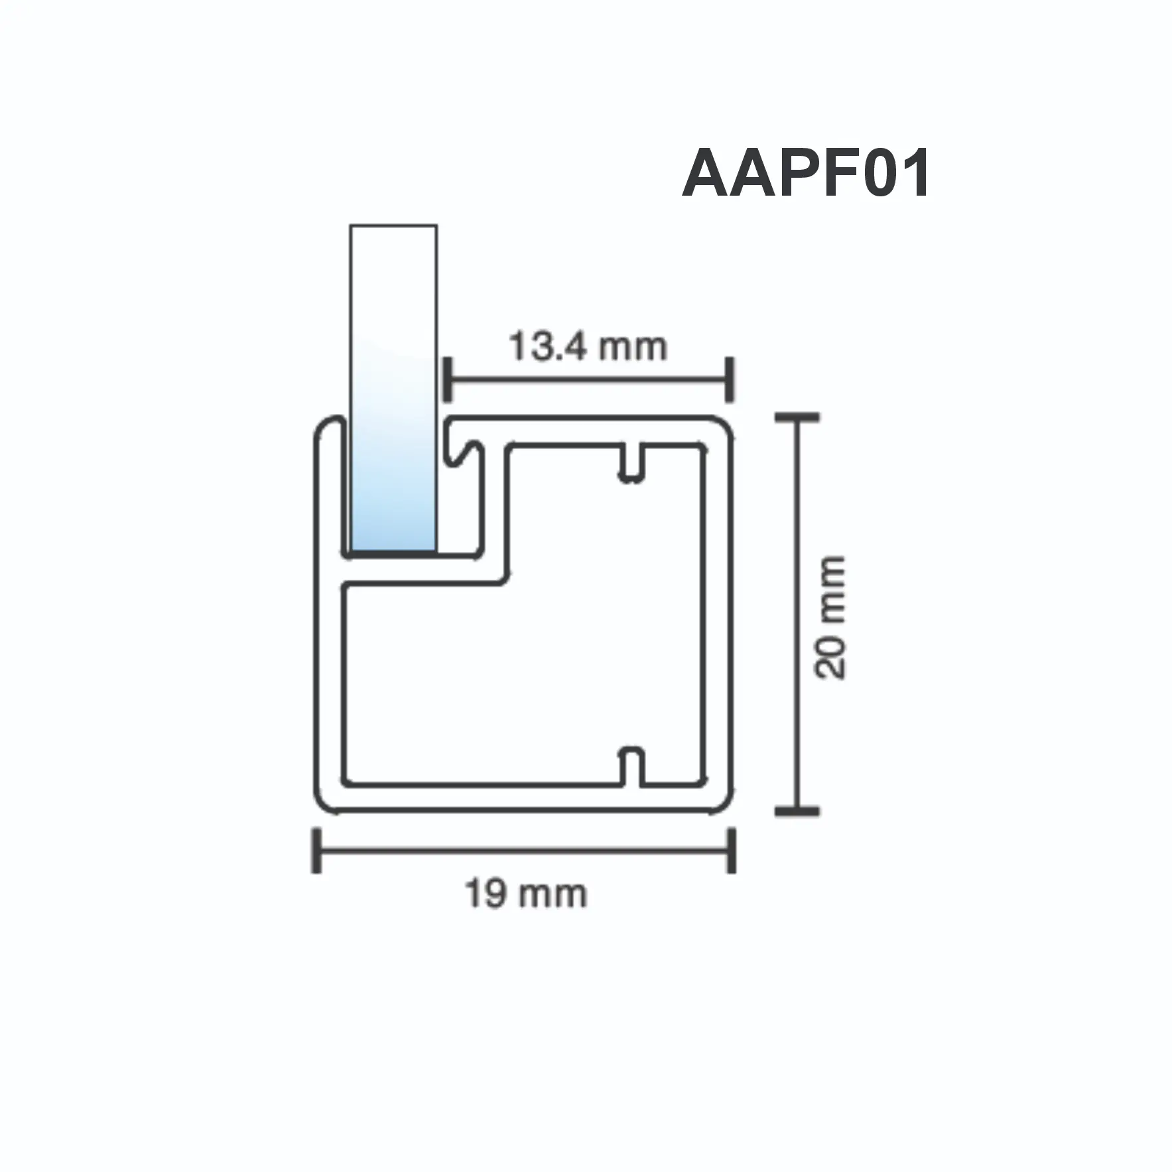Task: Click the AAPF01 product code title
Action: pyautogui.click(x=806, y=174)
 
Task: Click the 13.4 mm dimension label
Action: pyautogui.click(x=588, y=347)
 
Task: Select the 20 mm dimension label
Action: pyautogui.click(x=831, y=618)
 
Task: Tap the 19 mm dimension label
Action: pyautogui.click(x=526, y=893)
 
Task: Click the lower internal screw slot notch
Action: pyautogui.click(x=632, y=766)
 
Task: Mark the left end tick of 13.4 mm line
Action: pyautogui.click(x=447, y=379)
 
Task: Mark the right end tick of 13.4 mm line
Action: pyautogui.click(x=730, y=379)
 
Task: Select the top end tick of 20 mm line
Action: pyautogui.click(x=797, y=418)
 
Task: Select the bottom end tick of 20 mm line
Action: pyautogui.click(x=797, y=811)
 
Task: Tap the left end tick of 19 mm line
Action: pyautogui.click(x=317, y=850)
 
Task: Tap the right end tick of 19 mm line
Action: pyautogui.click(x=731, y=850)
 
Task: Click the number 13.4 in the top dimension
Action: pyautogui.click(x=549, y=347)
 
